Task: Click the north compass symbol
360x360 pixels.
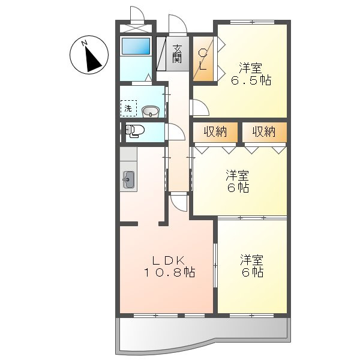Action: point(89,55)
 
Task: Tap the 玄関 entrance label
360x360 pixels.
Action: point(177,54)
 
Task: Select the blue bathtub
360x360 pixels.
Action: point(136,46)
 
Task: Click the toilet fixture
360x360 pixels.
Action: point(134,131)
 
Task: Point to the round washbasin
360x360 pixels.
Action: point(151,112)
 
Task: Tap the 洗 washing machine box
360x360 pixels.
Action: point(128,108)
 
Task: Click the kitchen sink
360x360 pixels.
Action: point(128,180)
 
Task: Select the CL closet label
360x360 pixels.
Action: point(203,59)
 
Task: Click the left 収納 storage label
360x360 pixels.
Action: point(215,132)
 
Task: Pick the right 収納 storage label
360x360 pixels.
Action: point(264,132)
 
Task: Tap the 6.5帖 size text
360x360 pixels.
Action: point(251,80)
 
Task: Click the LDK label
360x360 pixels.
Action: point(169,260)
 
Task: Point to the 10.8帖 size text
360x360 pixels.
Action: point(169,272)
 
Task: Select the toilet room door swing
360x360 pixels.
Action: point(175,131)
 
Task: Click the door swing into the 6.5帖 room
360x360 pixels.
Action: point(199,107)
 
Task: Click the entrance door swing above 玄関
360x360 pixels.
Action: point(178,25)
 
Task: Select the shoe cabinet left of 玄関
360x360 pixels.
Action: point(161,53)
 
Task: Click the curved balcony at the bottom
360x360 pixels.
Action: point(203,335)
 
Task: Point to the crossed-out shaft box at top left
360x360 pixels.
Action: point(136,28)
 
